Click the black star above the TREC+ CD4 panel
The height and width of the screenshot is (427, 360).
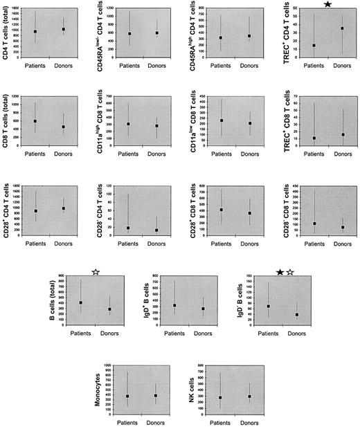(x=327, y=5)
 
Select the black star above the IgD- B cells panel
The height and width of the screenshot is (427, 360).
(x=279, y=273)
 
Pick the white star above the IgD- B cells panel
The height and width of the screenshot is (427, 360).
(x=291, y=273)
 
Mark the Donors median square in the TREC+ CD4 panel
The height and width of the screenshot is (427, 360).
(x=342, y=28)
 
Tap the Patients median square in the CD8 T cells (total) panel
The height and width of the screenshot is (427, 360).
(x=35, y=122)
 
